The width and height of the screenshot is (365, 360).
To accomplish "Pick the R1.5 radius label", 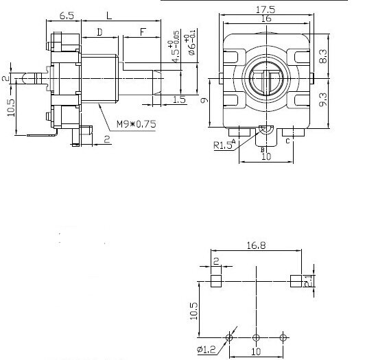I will (x=222, y=145).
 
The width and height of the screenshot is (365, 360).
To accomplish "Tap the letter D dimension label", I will (x=99, y=32).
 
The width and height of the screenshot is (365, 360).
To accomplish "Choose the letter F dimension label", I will (x=142, y=32).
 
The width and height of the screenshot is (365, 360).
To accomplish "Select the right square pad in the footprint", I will (x=296, y=280).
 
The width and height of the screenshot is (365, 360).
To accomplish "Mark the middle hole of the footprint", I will (x=256, y=337).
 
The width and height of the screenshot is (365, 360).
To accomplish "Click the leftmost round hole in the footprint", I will (x=229, y=337).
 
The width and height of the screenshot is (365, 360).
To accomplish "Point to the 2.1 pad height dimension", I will (x=311, y=280).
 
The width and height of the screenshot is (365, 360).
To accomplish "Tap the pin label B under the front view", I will (x=262, y=149).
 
